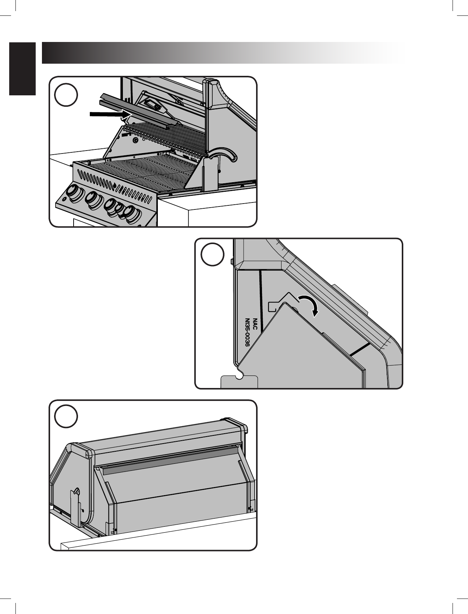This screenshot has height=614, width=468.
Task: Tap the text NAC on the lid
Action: click(x=255, y=324)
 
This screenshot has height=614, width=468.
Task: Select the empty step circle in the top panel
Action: click(x=66, y=95)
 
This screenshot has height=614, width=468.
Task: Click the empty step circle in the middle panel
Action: click(x=212, y=255)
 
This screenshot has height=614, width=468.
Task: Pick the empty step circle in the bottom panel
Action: click(x=66, y=417)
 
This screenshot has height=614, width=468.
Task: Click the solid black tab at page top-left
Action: click(x=23, y=69)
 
